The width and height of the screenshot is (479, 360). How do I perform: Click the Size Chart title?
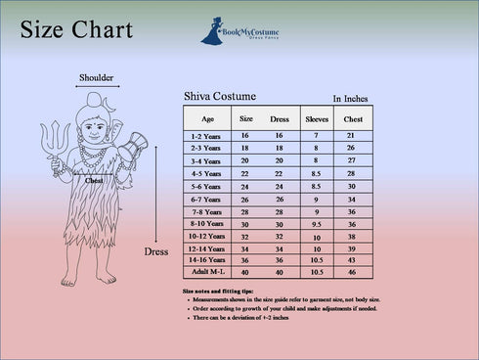75,30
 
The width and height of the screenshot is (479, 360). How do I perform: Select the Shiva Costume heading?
220,96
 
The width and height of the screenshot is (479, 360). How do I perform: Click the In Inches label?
351,99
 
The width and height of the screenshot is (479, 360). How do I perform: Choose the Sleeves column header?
317,118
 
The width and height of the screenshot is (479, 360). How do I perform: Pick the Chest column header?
351,118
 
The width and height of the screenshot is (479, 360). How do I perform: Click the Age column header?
207,118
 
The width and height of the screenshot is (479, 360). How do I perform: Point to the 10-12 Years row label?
208,236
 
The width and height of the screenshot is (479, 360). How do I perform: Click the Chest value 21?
351,135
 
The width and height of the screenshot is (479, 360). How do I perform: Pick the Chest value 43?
351,259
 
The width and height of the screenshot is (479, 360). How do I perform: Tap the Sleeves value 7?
316,135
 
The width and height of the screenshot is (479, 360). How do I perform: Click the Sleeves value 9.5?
316,223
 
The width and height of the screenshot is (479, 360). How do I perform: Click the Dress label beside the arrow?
156,251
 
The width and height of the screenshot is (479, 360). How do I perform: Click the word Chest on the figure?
94,180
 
